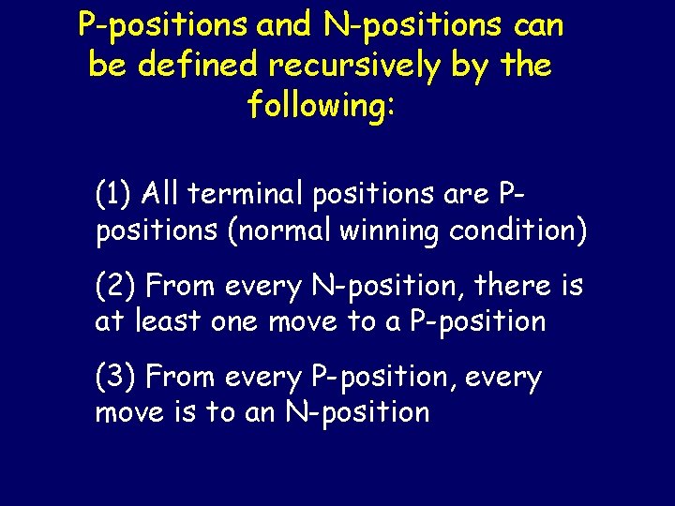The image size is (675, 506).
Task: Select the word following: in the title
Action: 322,105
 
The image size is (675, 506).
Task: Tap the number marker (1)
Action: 113,194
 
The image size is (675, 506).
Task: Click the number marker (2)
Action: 115,285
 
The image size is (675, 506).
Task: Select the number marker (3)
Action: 115,378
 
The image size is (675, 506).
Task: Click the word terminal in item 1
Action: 247,194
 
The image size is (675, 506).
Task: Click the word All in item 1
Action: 160,194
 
